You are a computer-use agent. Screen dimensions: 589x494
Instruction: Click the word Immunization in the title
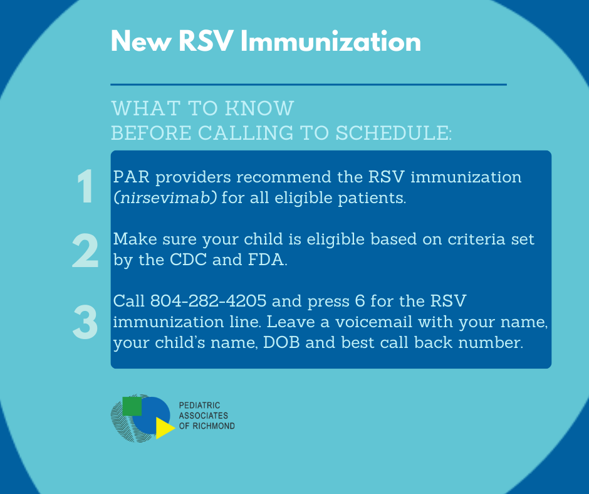331,41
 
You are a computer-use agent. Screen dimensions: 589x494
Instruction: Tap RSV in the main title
206,41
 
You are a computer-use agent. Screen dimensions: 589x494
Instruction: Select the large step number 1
85,186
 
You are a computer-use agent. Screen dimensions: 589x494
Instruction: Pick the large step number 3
85,322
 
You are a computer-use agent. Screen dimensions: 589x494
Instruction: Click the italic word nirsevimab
165,197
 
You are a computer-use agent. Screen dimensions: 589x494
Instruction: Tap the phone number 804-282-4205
208,301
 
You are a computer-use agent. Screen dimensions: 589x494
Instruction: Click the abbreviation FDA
266,260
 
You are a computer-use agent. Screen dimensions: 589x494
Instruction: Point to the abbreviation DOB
281,342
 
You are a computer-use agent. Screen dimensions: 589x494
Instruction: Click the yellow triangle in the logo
165,428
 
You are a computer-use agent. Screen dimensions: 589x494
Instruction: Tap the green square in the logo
132,406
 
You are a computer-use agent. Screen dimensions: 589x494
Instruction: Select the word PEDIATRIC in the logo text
199,405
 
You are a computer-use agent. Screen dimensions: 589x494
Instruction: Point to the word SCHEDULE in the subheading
394,133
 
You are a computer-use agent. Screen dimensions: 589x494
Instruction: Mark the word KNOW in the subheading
259,108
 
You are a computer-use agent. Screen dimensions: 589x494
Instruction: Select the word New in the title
141,41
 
